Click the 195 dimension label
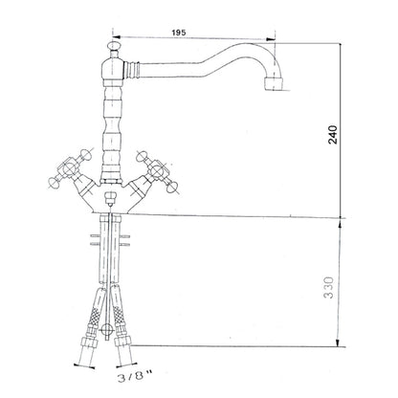[179, 33]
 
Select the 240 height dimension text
[333, 135]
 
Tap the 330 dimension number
[329, 287]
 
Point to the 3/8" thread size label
[135, 377]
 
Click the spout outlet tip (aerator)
[274, 83]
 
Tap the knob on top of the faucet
[114, 46]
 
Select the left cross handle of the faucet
[70, 168]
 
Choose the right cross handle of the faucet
[157, 170]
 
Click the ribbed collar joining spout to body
[132, 69]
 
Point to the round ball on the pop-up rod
[107, 329]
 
